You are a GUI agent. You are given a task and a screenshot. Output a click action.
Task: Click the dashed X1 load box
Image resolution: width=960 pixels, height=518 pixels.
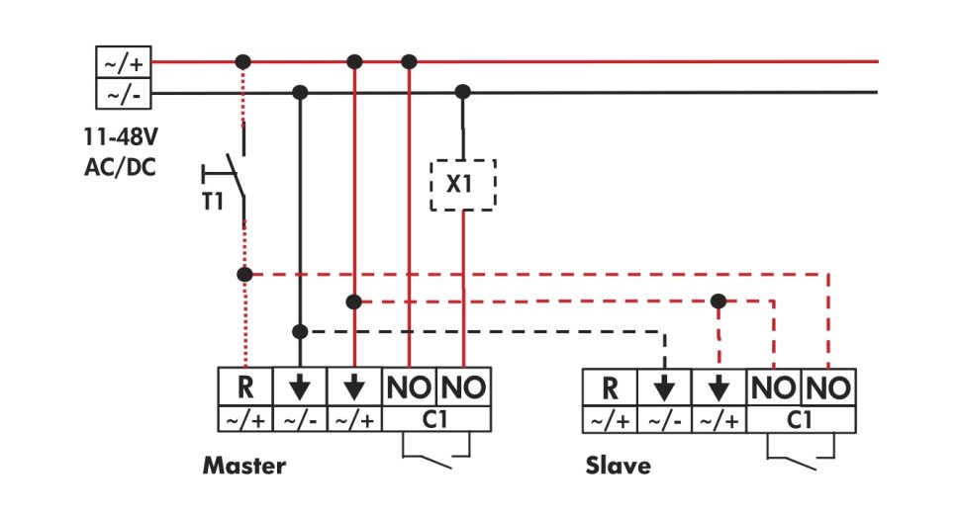coord(462,185)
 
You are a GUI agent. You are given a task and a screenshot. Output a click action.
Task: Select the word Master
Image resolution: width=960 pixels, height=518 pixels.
coord(244,465)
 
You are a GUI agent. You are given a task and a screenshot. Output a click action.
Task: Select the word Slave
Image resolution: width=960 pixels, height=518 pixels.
coord(619,465)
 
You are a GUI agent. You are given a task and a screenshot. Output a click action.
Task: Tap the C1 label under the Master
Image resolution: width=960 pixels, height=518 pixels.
coord(436,420)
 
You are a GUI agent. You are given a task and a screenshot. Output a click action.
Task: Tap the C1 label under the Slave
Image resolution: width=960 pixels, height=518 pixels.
coord(802,420)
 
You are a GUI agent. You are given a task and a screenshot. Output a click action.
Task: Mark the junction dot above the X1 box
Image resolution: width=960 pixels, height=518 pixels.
coord(461,92)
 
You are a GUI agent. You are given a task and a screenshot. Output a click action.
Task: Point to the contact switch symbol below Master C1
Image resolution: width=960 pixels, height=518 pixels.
coord(435,454)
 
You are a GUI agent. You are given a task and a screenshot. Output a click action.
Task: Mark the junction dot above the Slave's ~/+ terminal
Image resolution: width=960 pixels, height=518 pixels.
coord(720,301)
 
